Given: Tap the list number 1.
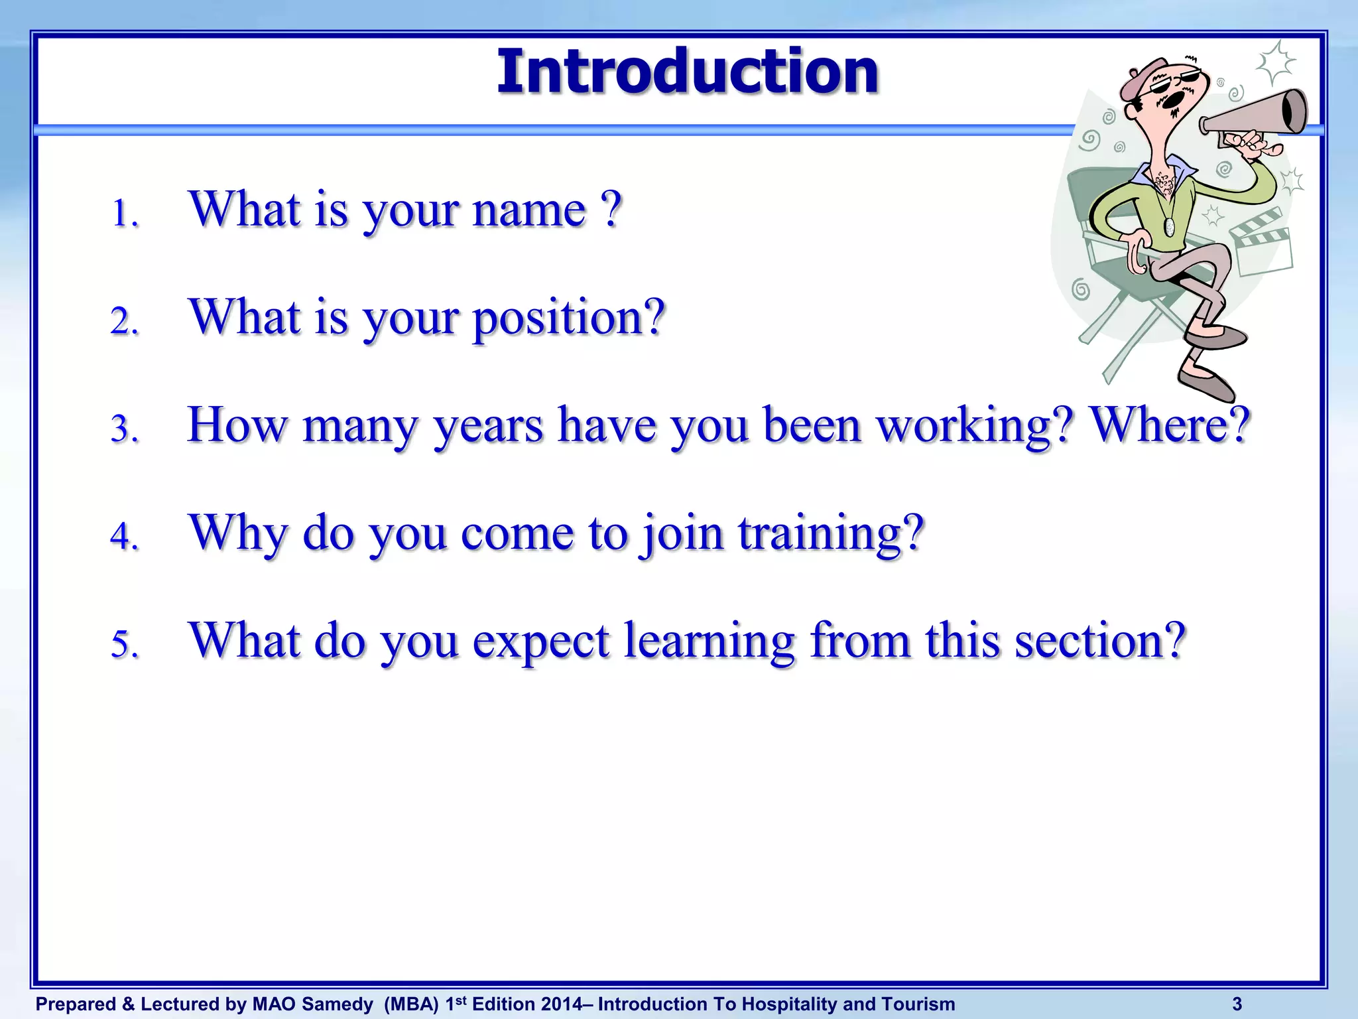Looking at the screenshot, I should [x=123, y=214].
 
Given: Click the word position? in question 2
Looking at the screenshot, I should [x=568, y=318].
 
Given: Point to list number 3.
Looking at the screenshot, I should [x=123, y=429].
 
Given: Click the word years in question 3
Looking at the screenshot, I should [x=488, y=426].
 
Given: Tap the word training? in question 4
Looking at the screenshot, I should [x=832, y=533].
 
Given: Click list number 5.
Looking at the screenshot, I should [x=123, y=644].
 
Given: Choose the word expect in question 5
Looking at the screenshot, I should [x=540, y=642].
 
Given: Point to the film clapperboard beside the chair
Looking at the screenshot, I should [x=1260, y=242].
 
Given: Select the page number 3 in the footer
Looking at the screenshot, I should [x=1237, y=1004].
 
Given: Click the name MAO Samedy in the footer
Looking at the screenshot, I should [x=312, y=1004].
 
